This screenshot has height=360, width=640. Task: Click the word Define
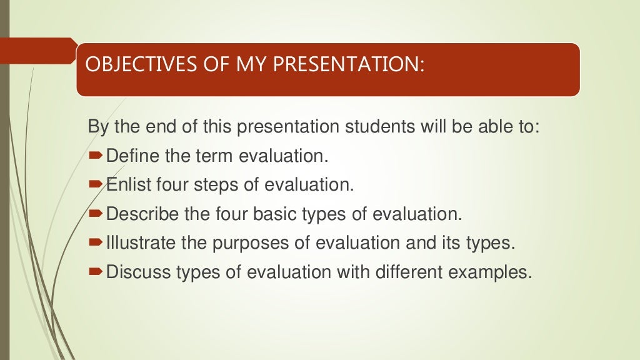click(133, 156)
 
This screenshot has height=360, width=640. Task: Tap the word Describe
click(142, 214)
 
